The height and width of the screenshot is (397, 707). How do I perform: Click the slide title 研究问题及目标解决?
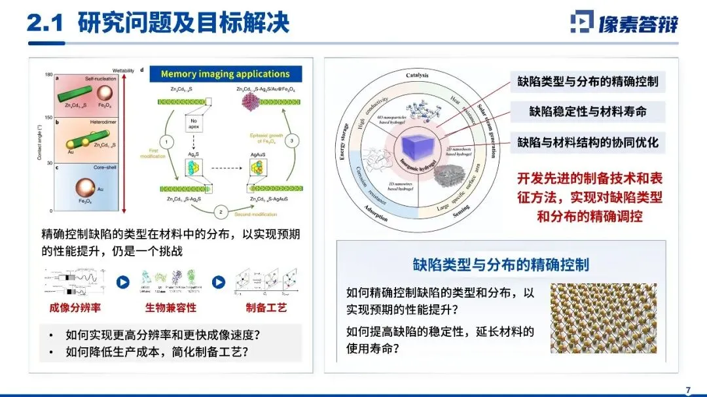pos(183,24)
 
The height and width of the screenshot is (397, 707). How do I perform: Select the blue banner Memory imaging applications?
pos(225,74)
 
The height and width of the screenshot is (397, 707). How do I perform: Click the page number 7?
pos(688,390)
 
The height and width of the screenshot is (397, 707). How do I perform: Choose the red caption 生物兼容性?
pos(171,307)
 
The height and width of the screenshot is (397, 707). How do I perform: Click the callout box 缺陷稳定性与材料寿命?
pos(588,112)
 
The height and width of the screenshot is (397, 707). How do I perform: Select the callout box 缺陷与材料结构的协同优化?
pos(588,142)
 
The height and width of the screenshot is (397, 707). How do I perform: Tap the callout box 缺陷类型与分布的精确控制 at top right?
pos(588,82)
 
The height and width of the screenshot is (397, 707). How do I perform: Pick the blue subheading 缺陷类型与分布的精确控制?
pos(501,264)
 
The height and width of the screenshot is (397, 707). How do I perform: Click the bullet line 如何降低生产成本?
pos(158,353)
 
